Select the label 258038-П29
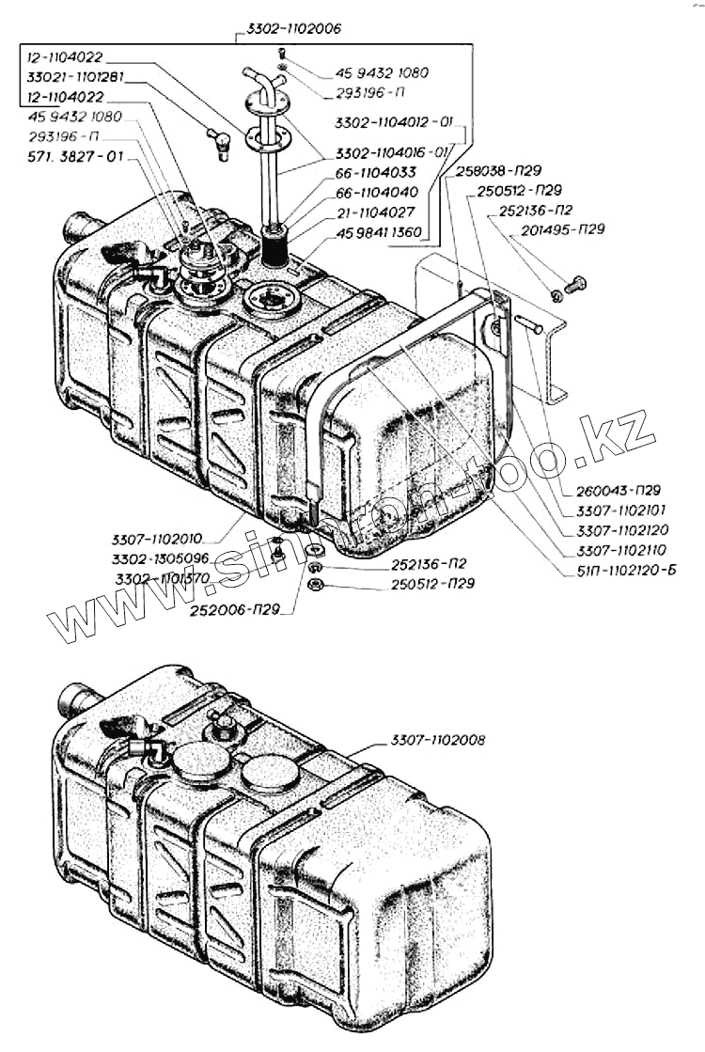point(485,172)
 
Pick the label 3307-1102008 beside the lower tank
point(438,740)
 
